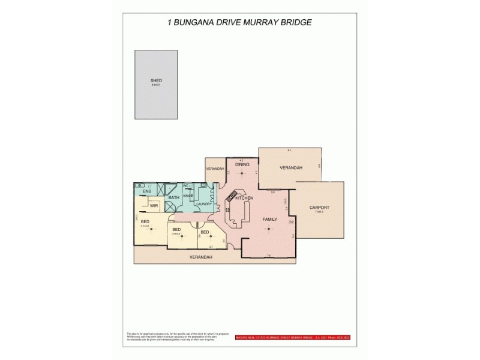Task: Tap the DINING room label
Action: coord(242,164)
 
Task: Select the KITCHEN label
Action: coord(244,198)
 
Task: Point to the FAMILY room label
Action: coord(270,220)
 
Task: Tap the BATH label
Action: coord(174,197)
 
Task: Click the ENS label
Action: coord(146,191)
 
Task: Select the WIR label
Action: coord(154,205)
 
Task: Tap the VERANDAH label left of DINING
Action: coord(214,169)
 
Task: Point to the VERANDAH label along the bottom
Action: coord(201,257)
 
